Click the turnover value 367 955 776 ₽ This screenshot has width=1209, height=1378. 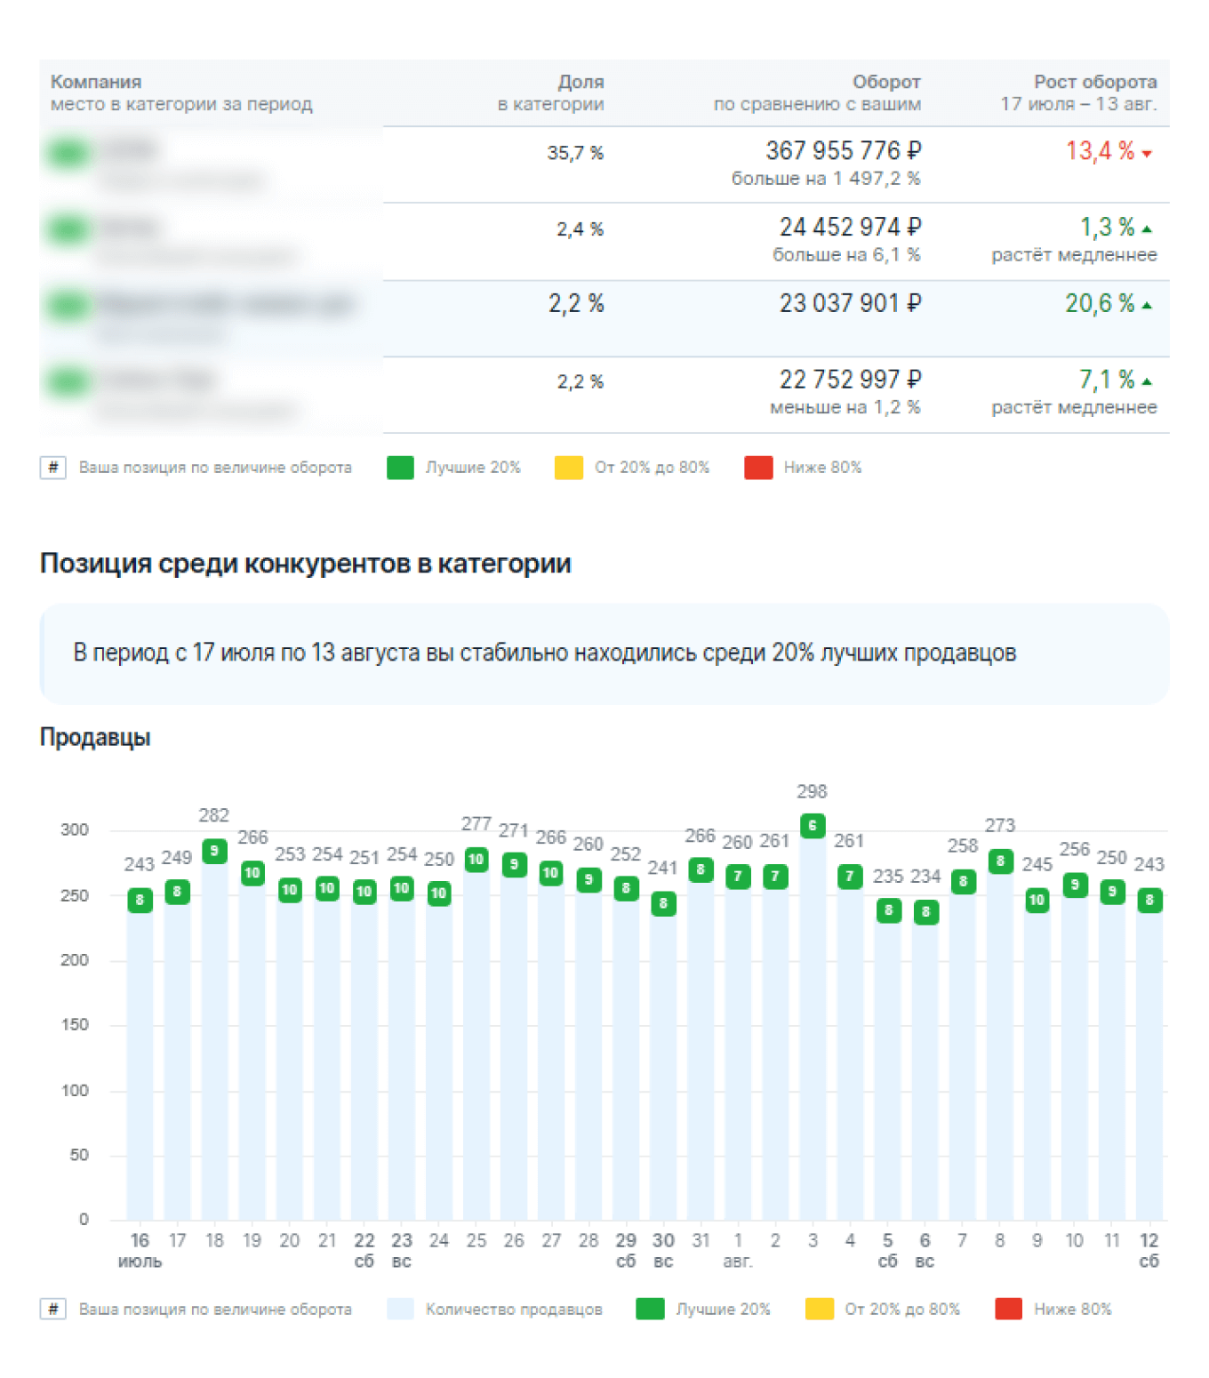842,151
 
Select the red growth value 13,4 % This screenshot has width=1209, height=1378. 1100,151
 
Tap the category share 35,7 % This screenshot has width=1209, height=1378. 574,153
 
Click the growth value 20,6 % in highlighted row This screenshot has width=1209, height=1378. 1100,304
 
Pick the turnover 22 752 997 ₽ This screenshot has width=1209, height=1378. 849,381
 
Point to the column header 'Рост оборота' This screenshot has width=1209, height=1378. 1094,82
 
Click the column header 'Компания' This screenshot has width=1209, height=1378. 96,82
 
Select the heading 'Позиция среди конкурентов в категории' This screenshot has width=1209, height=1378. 305,564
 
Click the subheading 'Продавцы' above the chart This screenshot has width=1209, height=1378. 95,737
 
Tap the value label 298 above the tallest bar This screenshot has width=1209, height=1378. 812,791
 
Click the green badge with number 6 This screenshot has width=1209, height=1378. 813,826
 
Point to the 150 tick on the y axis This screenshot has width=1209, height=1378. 75,1024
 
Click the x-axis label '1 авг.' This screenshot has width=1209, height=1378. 738,1250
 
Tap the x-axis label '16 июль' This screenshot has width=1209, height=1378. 140,1250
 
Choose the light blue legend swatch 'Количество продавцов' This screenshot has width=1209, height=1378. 400,1309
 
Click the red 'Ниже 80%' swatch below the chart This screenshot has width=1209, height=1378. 1008,1309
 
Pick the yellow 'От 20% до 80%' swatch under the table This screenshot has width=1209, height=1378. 568,468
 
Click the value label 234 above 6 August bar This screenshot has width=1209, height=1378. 925,877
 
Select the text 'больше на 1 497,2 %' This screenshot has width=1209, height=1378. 825,179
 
